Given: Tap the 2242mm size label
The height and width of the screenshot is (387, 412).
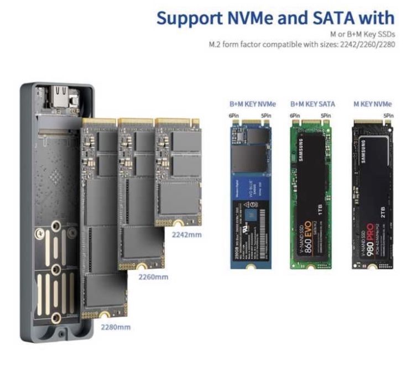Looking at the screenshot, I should click(187, 234).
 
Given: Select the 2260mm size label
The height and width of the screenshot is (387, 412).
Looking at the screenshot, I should click(152, 276).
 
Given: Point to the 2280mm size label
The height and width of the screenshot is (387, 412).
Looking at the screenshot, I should click(116, 327).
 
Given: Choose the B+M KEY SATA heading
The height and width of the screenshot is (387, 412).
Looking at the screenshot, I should click(312, 104).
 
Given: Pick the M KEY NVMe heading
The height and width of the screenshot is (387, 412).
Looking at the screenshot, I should click(373, 104).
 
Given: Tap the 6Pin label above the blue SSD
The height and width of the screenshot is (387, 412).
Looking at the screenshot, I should click(233, 116).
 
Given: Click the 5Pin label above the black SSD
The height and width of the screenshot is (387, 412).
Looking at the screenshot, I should click(388, 116).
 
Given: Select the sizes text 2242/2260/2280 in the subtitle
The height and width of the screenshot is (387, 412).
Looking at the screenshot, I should click(366, 44).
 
